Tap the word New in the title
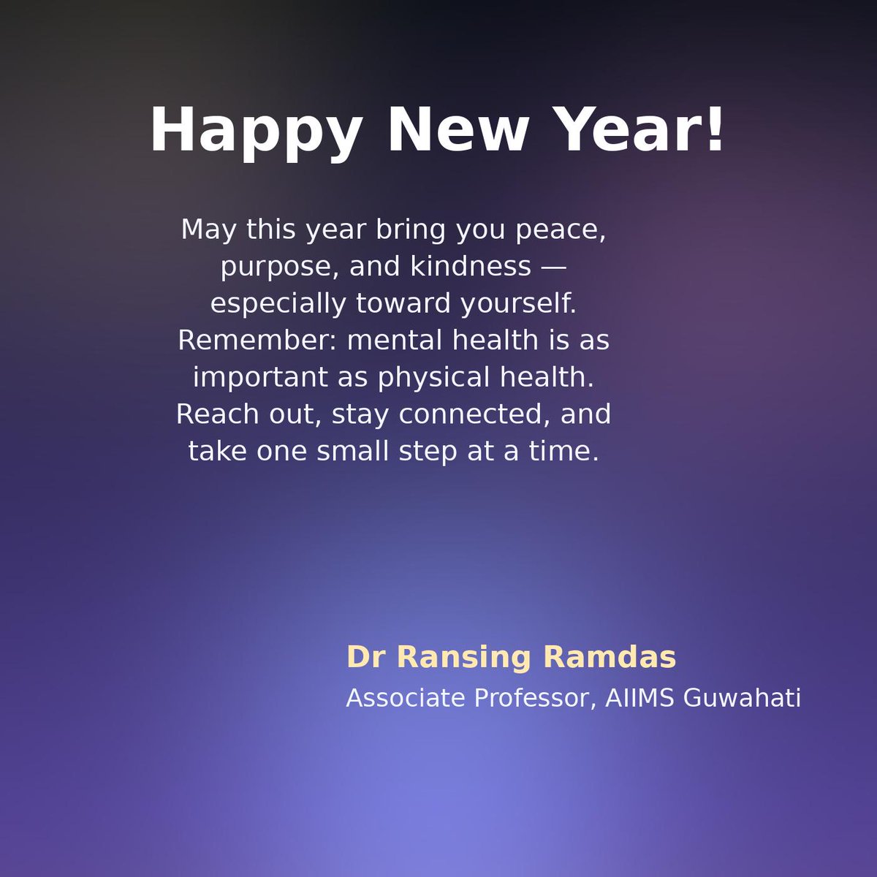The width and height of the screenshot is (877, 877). [x=457, y=130]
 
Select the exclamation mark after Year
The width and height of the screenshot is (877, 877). [x=715, y=130]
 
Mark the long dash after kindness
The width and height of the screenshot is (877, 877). [x=553, y=267]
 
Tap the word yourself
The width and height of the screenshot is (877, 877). [x=518, y=304]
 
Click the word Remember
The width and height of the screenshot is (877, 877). [x=257, y=341]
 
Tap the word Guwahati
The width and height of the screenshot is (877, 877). [x=743, y=698]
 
